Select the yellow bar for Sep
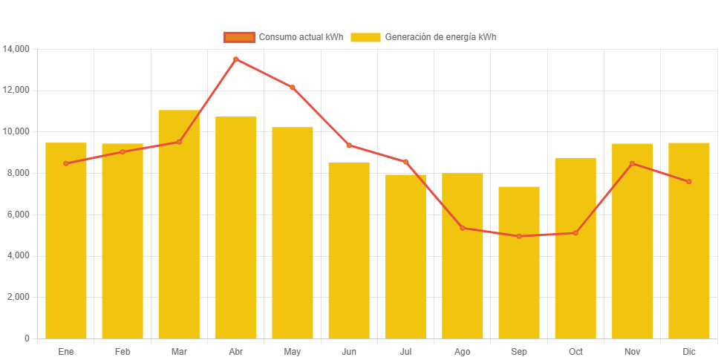pos(519,263)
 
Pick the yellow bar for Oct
pos(575,249)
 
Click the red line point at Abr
pos(235,59)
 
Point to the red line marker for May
pos(293,88)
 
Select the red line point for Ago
pos(462,228)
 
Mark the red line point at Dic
pos(689,182)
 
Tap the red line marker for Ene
pos(66,163)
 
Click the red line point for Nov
pos(632,163)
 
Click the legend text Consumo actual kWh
pos(301,37)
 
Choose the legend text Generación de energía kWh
pos(440,37)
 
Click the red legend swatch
pos(238,37)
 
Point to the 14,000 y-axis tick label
pos(16,49)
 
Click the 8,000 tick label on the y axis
pos(19,173)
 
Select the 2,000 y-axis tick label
pos(19,297)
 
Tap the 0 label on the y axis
pos(27,338)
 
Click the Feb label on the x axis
pos(123,351)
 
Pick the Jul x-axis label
pos(405,351)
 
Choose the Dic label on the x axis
pos(689,351)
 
